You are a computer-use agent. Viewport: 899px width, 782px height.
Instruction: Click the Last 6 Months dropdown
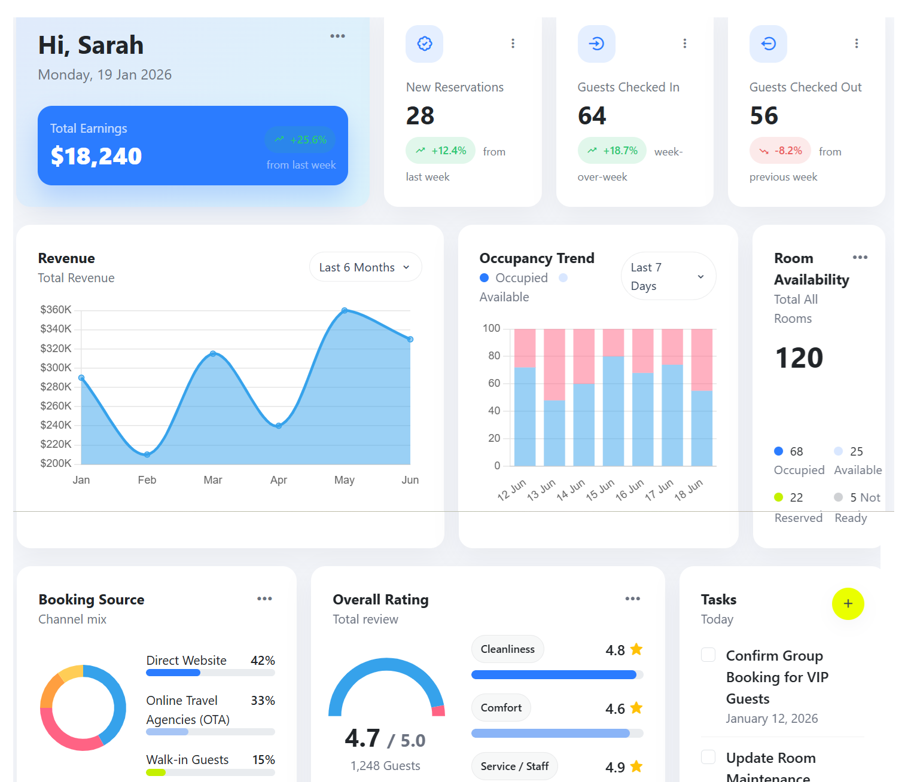point(365,267)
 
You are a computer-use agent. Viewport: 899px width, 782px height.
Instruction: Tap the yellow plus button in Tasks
point(848,604)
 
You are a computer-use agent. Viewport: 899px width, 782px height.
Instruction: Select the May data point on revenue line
point(345,310)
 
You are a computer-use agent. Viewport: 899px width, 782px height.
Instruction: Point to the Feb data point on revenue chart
point(147,455)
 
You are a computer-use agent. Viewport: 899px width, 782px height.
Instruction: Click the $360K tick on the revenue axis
point(56,310)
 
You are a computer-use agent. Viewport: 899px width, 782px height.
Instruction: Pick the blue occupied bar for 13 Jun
point(554,433)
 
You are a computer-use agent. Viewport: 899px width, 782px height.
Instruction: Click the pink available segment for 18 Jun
point(702,359)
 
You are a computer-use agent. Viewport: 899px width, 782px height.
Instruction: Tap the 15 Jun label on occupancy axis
point(600,490)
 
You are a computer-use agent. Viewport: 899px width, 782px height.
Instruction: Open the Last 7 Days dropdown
point(668,276)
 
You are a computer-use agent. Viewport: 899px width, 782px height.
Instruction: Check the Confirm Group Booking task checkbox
point(708,655)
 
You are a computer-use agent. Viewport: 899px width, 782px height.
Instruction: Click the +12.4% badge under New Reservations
point(441,151)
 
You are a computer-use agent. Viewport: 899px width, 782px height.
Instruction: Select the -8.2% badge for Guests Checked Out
point(780,151)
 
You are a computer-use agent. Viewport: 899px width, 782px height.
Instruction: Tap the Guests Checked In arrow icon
point(596,44)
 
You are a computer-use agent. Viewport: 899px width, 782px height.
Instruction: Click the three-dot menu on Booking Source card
point(264,598)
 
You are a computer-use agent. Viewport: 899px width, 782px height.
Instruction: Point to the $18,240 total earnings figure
point(96,157)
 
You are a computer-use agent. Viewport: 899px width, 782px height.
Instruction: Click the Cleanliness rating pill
point(507,649)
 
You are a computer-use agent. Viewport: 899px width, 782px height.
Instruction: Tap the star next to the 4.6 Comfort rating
point(636,708)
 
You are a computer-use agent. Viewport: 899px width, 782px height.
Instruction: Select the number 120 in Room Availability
point(799,358)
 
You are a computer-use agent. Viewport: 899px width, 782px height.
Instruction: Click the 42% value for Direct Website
point(263,661)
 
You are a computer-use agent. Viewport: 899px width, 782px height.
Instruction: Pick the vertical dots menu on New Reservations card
point(513,44)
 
